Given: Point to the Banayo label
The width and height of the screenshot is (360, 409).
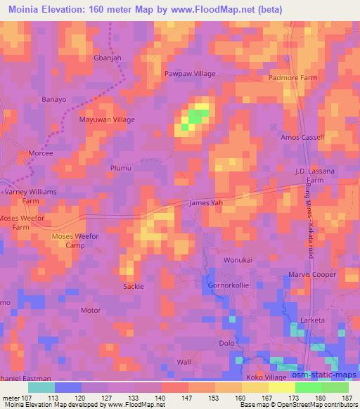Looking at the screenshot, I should pyautogui.click(x=54, y=100).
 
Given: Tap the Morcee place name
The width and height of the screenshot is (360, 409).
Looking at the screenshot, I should pyautogui.click(x=39, y=153).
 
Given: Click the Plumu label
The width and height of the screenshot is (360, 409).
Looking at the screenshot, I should pyautogui.click(x=121, y=168).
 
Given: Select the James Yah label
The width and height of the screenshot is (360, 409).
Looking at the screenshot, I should pyautogui.click(x=206, y=203).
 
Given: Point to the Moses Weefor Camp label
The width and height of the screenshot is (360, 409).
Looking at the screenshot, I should pyautogui.click(x=79, y=241).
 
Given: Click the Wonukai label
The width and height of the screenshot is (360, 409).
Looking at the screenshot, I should pyautogui.click(x=236, y=260).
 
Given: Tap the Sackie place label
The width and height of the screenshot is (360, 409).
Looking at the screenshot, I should pyautogui.click(x=134, y=287).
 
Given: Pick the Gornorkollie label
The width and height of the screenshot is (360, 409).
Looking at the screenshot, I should pyautogui.click(x=229, y=286).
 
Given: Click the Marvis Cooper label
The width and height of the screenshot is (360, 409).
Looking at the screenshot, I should pyautogui.click(x=312, y=275).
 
